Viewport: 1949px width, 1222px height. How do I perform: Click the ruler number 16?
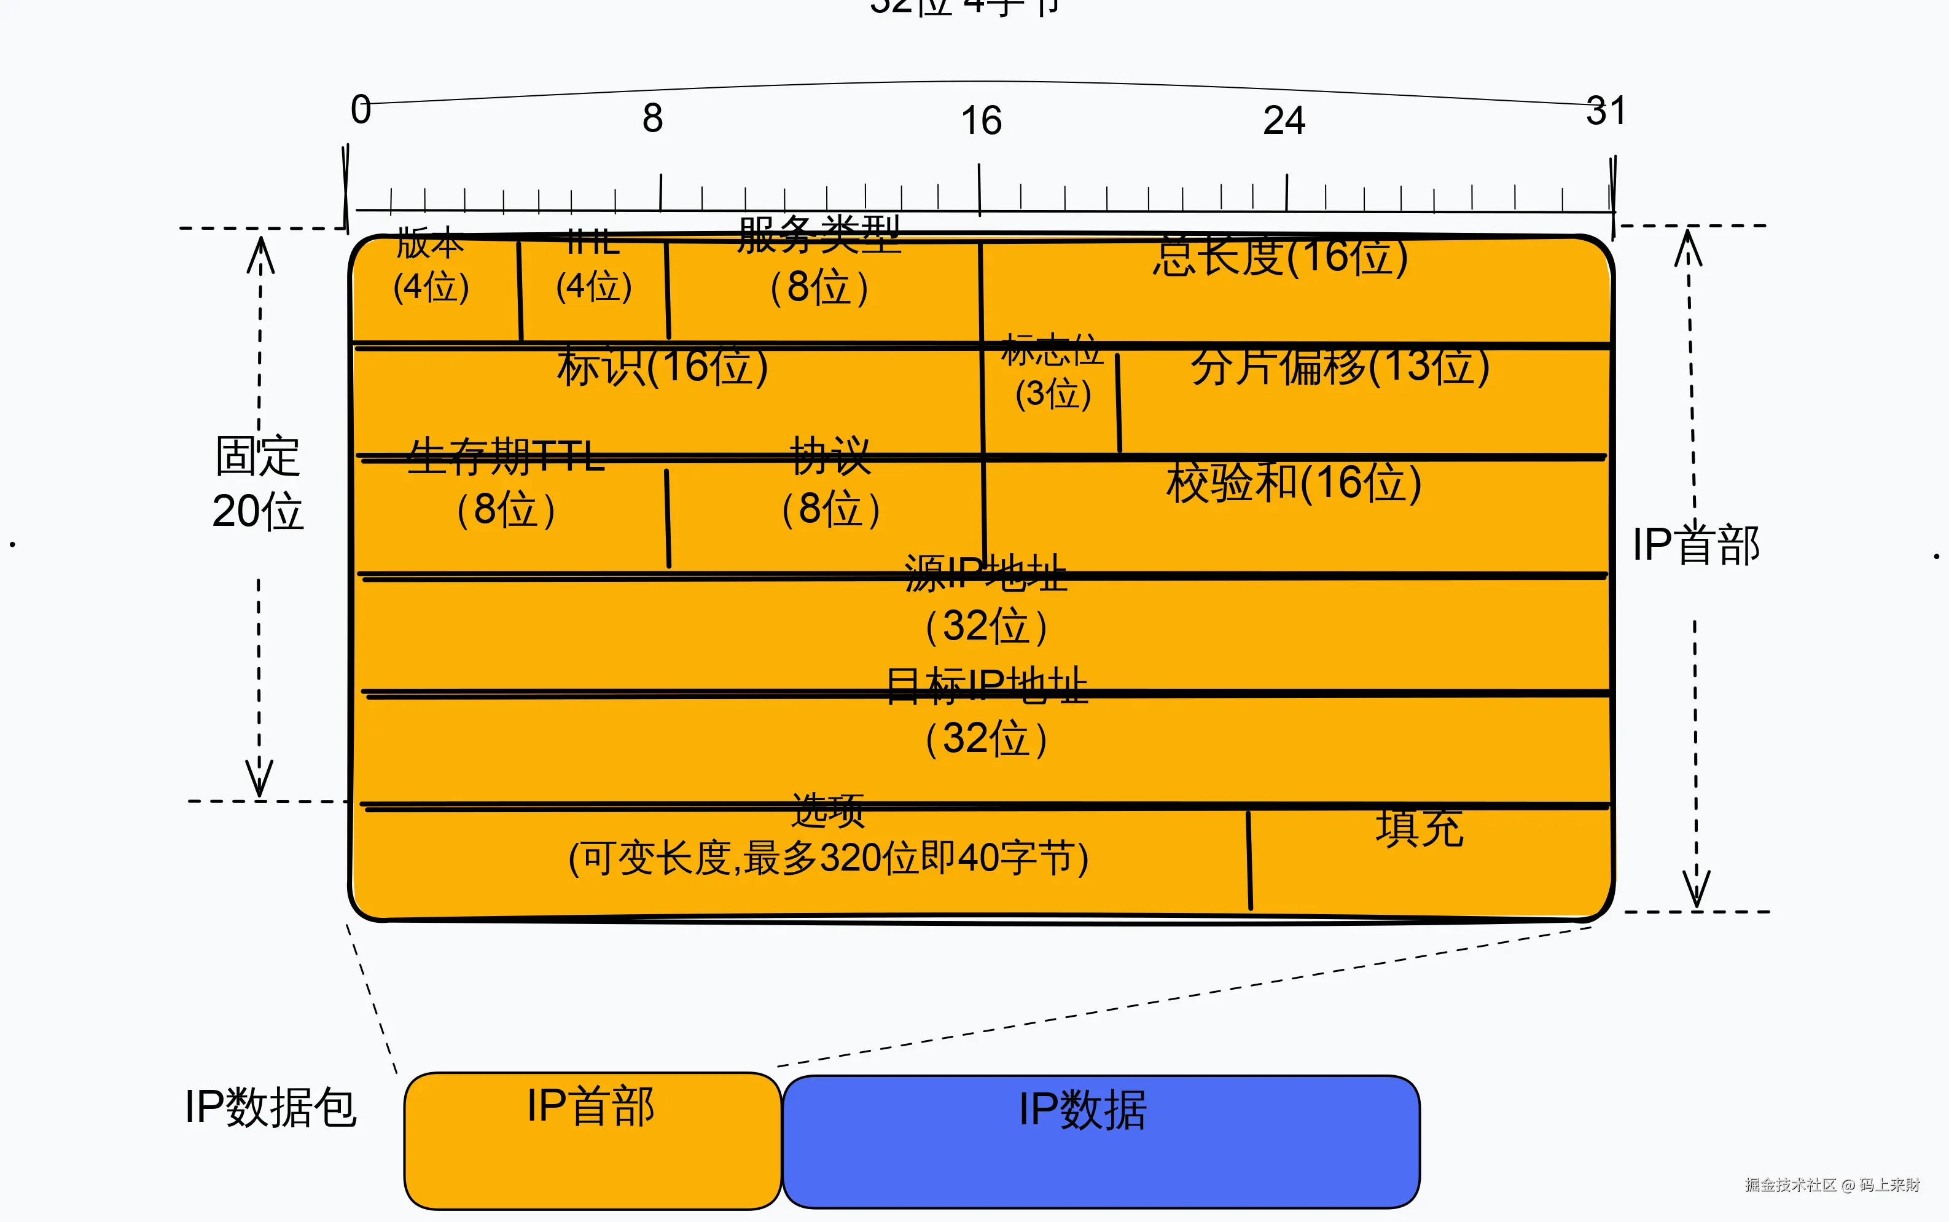click(x=981, y=121)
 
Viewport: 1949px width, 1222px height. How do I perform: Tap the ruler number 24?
click(x=1284, y=121)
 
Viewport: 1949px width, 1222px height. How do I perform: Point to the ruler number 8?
click(x=653, y=119)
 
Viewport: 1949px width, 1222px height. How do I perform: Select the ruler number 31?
click(x=1606, y=111)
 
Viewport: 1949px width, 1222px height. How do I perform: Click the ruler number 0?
click(x=361, y=110)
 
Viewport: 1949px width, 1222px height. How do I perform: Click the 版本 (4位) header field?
click(x=431, y=267)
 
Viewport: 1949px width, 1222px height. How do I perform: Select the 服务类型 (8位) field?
click(x=819, y=263)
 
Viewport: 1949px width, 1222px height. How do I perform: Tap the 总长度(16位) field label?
click(x=1280, y=257)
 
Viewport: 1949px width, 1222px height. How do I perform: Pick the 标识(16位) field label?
click(x=662, y=366)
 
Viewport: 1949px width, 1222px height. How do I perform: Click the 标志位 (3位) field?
click(x=1053, y=374)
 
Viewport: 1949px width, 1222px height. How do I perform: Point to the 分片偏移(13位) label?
click(x=1340, y=366)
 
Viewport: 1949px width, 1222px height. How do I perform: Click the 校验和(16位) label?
click(x=1294, y=484)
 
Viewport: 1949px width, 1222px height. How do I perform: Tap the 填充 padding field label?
click(x=1419, y=828)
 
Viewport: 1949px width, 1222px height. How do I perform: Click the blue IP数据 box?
click(x=1101, y=1141)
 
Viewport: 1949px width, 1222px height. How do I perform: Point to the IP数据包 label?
click(x=271, y=1107)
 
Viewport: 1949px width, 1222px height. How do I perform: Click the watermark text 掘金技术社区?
click(x=1791, y=1185)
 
